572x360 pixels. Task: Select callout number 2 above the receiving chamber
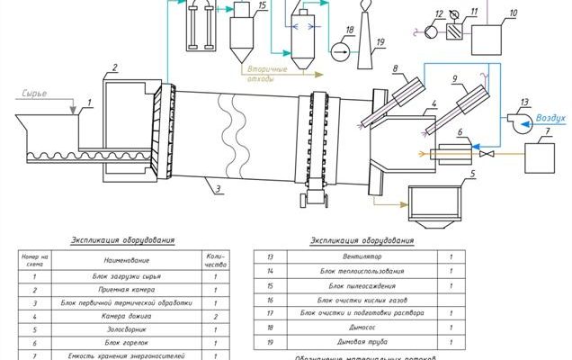(115, 67)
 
